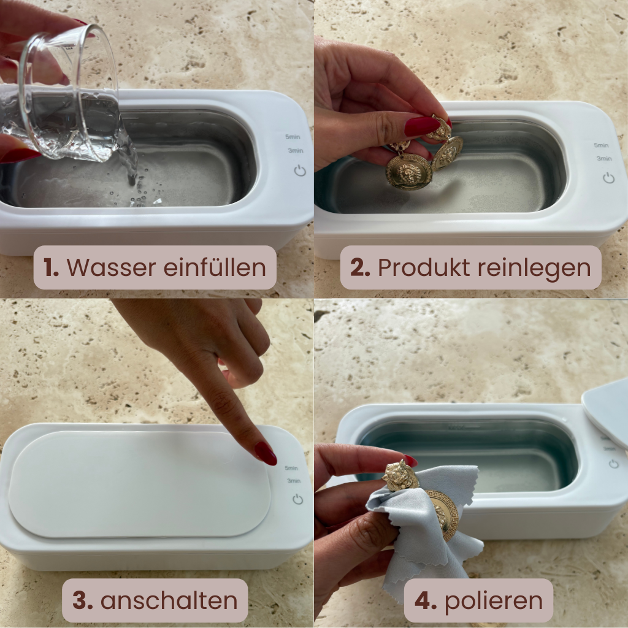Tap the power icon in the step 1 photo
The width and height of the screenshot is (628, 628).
(300, 170)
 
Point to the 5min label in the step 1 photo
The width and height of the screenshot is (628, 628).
(293, 137)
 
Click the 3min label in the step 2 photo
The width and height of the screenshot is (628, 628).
(604, 158)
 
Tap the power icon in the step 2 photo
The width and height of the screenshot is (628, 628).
(608, 178)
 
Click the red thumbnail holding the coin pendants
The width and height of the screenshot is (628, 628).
(422, 126)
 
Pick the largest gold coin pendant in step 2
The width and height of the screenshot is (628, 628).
(408, 172)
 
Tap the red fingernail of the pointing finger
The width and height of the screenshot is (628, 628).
(266, 453)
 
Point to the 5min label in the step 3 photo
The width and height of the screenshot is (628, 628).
(293, 468)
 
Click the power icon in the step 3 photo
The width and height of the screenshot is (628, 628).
(297, 499)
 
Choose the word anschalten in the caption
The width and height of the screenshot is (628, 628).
(169, 601)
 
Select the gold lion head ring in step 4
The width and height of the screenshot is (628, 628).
(400, 475)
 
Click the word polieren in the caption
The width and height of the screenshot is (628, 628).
(494, 601)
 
